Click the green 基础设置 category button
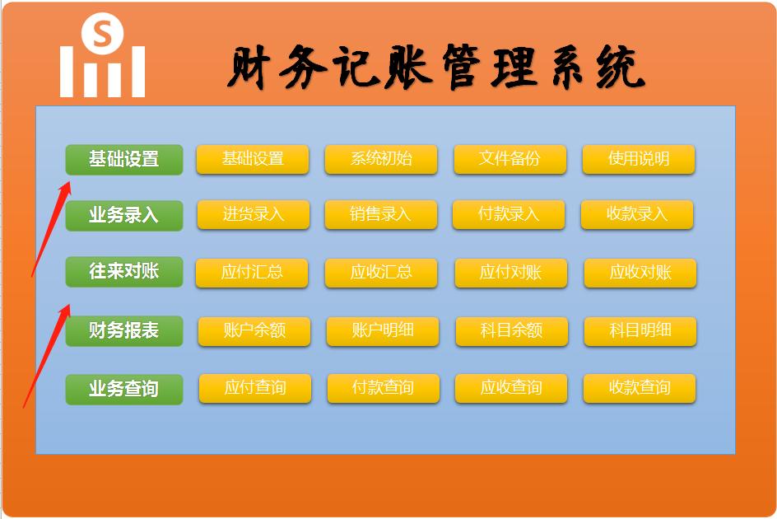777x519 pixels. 123,159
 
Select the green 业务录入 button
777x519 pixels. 123,216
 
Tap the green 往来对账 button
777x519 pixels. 123,271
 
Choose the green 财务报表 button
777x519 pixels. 123,330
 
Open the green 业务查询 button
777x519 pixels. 123,388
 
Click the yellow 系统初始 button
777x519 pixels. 380,159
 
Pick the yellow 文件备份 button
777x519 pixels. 509,159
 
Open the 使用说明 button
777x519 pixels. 638,159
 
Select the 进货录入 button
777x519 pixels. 253,214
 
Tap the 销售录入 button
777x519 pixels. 380,214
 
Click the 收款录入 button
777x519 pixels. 636,214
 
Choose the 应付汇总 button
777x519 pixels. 251,273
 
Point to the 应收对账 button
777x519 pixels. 640,273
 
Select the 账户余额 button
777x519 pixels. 254,330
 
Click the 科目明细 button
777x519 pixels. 640,330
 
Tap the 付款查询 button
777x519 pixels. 383,388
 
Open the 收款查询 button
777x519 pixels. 639,388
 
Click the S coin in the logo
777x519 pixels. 103,35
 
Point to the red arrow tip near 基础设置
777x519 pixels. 66,183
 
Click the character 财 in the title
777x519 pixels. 251,68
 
